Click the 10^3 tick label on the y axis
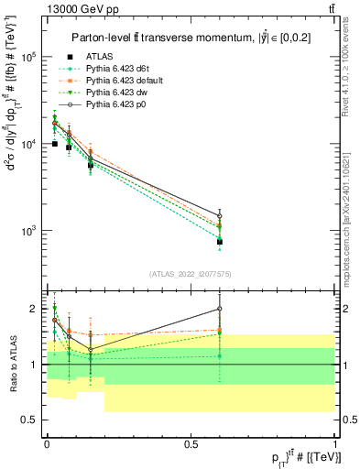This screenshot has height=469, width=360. click(29, 231)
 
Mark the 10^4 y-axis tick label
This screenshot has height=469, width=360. click(29, 144)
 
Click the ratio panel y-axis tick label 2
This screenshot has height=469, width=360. click(34, 309)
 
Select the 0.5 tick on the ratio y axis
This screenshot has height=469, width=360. click(30, 420)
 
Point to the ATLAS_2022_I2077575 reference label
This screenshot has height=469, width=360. click(190, 274)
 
